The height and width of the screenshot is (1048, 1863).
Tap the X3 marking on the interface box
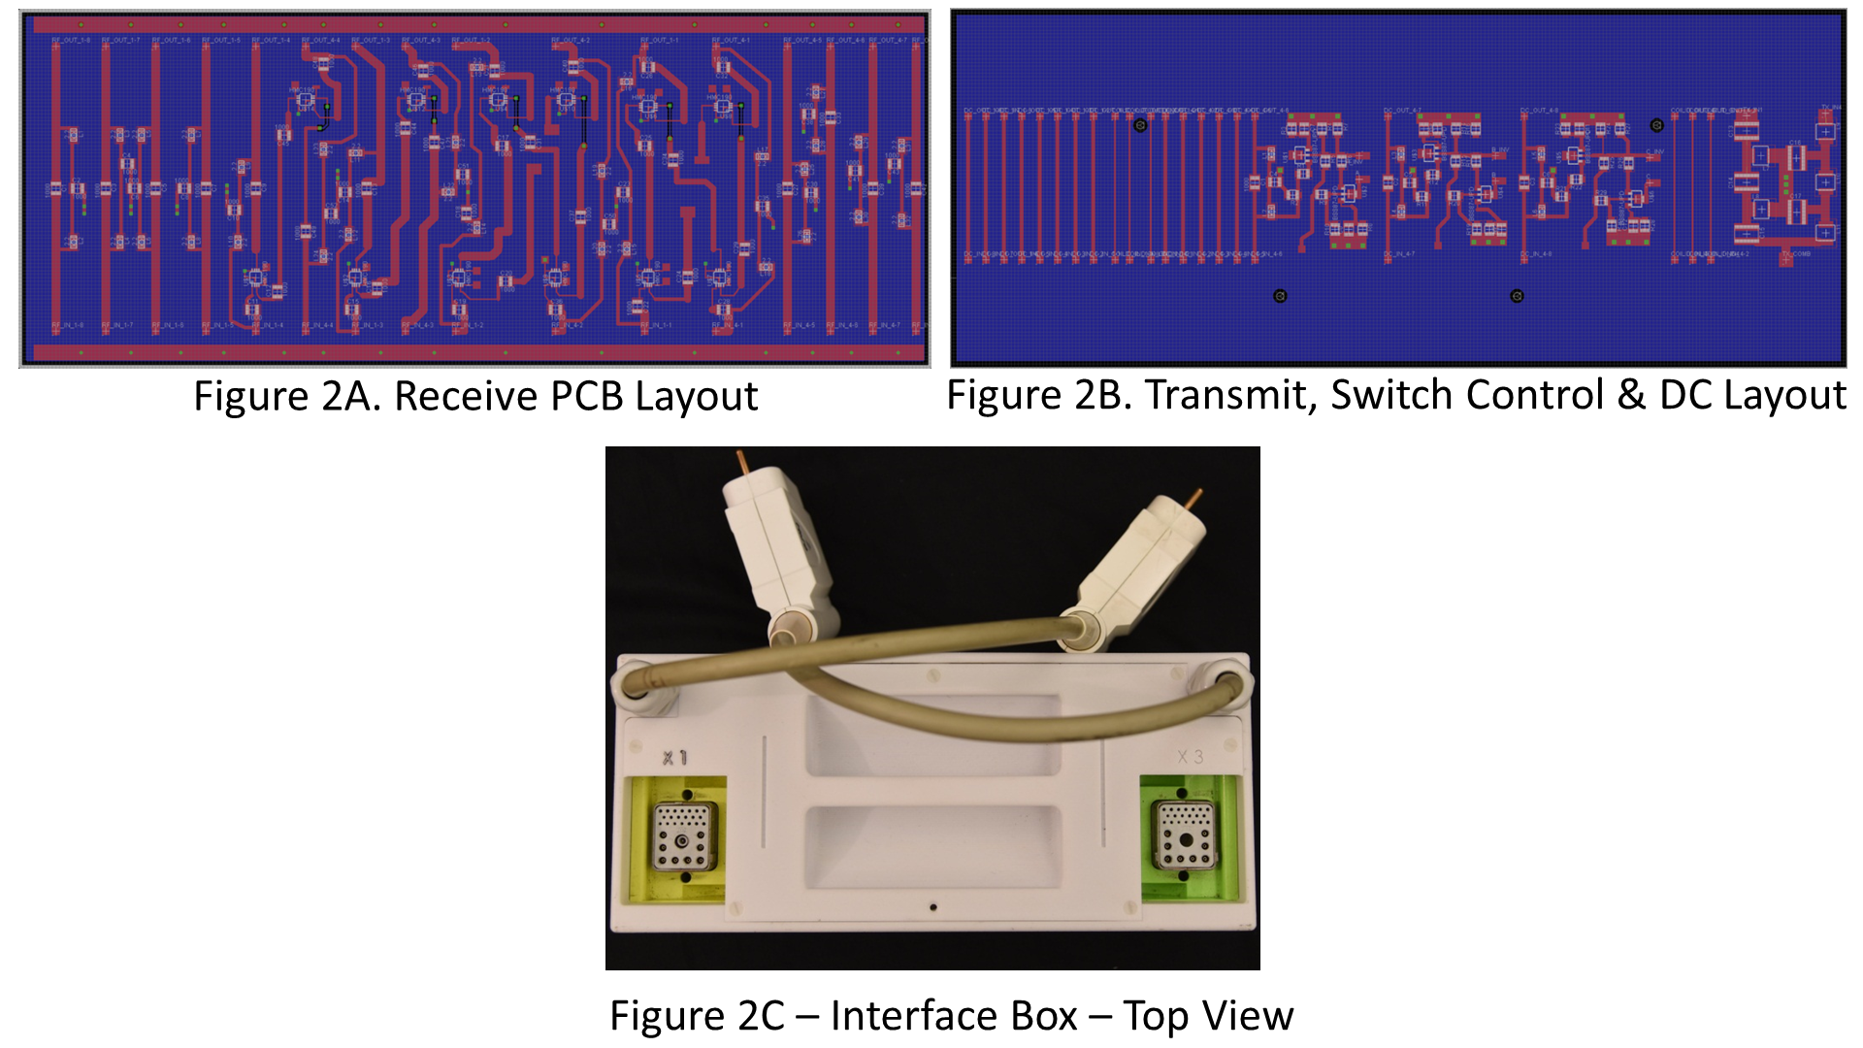pos(1190,757)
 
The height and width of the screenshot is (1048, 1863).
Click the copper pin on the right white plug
pos(1195,500)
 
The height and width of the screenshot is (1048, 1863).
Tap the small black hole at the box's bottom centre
pos(933,907)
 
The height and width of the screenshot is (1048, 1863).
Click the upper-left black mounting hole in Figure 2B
pos(1140,125)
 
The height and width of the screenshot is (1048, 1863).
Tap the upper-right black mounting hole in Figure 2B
pos(1656,125)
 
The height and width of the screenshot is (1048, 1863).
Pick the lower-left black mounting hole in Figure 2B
pos(1280,296)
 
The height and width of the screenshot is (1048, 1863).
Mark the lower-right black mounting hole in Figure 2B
pos(1518,296)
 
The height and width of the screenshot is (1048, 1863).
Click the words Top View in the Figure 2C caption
pos(1208,1016)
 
